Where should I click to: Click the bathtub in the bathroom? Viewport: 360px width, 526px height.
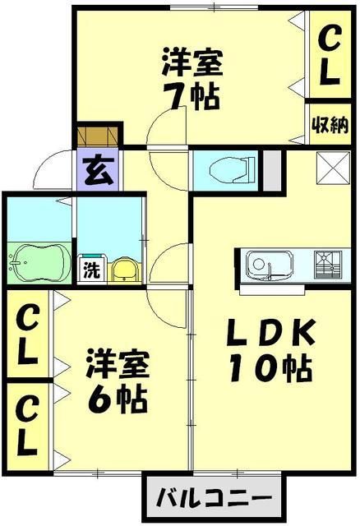click(x=39, y=264)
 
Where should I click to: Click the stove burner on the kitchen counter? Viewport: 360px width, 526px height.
click(x=333, y=265)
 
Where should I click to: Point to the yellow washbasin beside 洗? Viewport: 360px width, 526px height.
click(x=122, y=269)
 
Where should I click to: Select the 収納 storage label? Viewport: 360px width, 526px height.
click(x=330, y=124)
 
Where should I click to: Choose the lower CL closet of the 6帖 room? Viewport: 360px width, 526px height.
click(x=27, y=426)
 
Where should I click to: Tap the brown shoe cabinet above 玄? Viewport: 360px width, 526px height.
click(x=98, y=135)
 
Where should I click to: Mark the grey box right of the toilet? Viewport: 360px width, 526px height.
click(x=270, y=168)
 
